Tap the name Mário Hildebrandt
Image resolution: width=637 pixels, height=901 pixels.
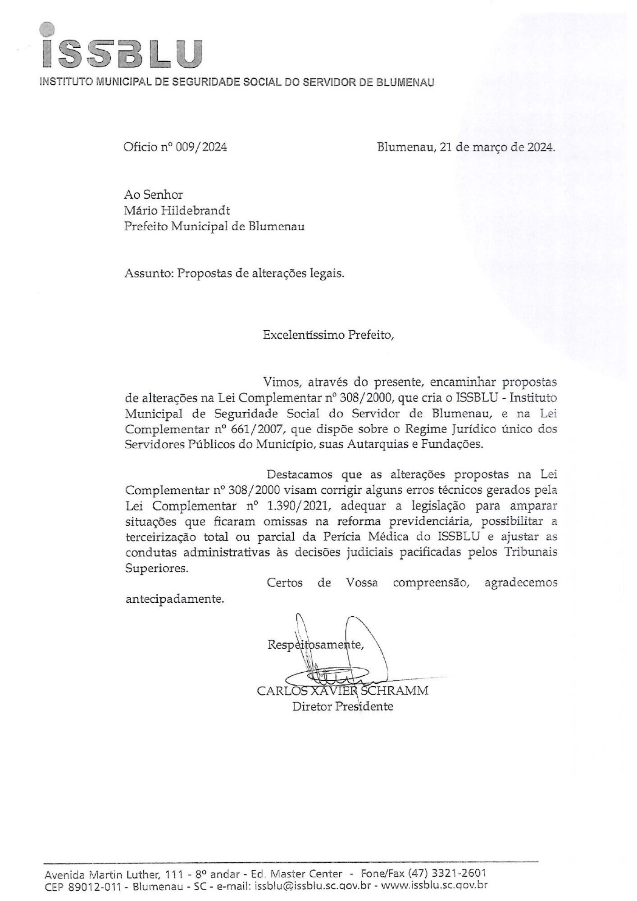[177, 210]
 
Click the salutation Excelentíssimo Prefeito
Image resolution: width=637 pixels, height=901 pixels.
[328, 335]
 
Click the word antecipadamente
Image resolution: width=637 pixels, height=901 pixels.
[174, 600]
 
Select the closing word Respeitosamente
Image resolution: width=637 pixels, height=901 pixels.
[315, 645]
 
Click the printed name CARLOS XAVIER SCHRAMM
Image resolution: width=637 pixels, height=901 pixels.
[342, 691]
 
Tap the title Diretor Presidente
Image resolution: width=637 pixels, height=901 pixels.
[342, 706]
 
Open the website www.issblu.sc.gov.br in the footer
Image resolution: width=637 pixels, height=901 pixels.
[435, 885]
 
